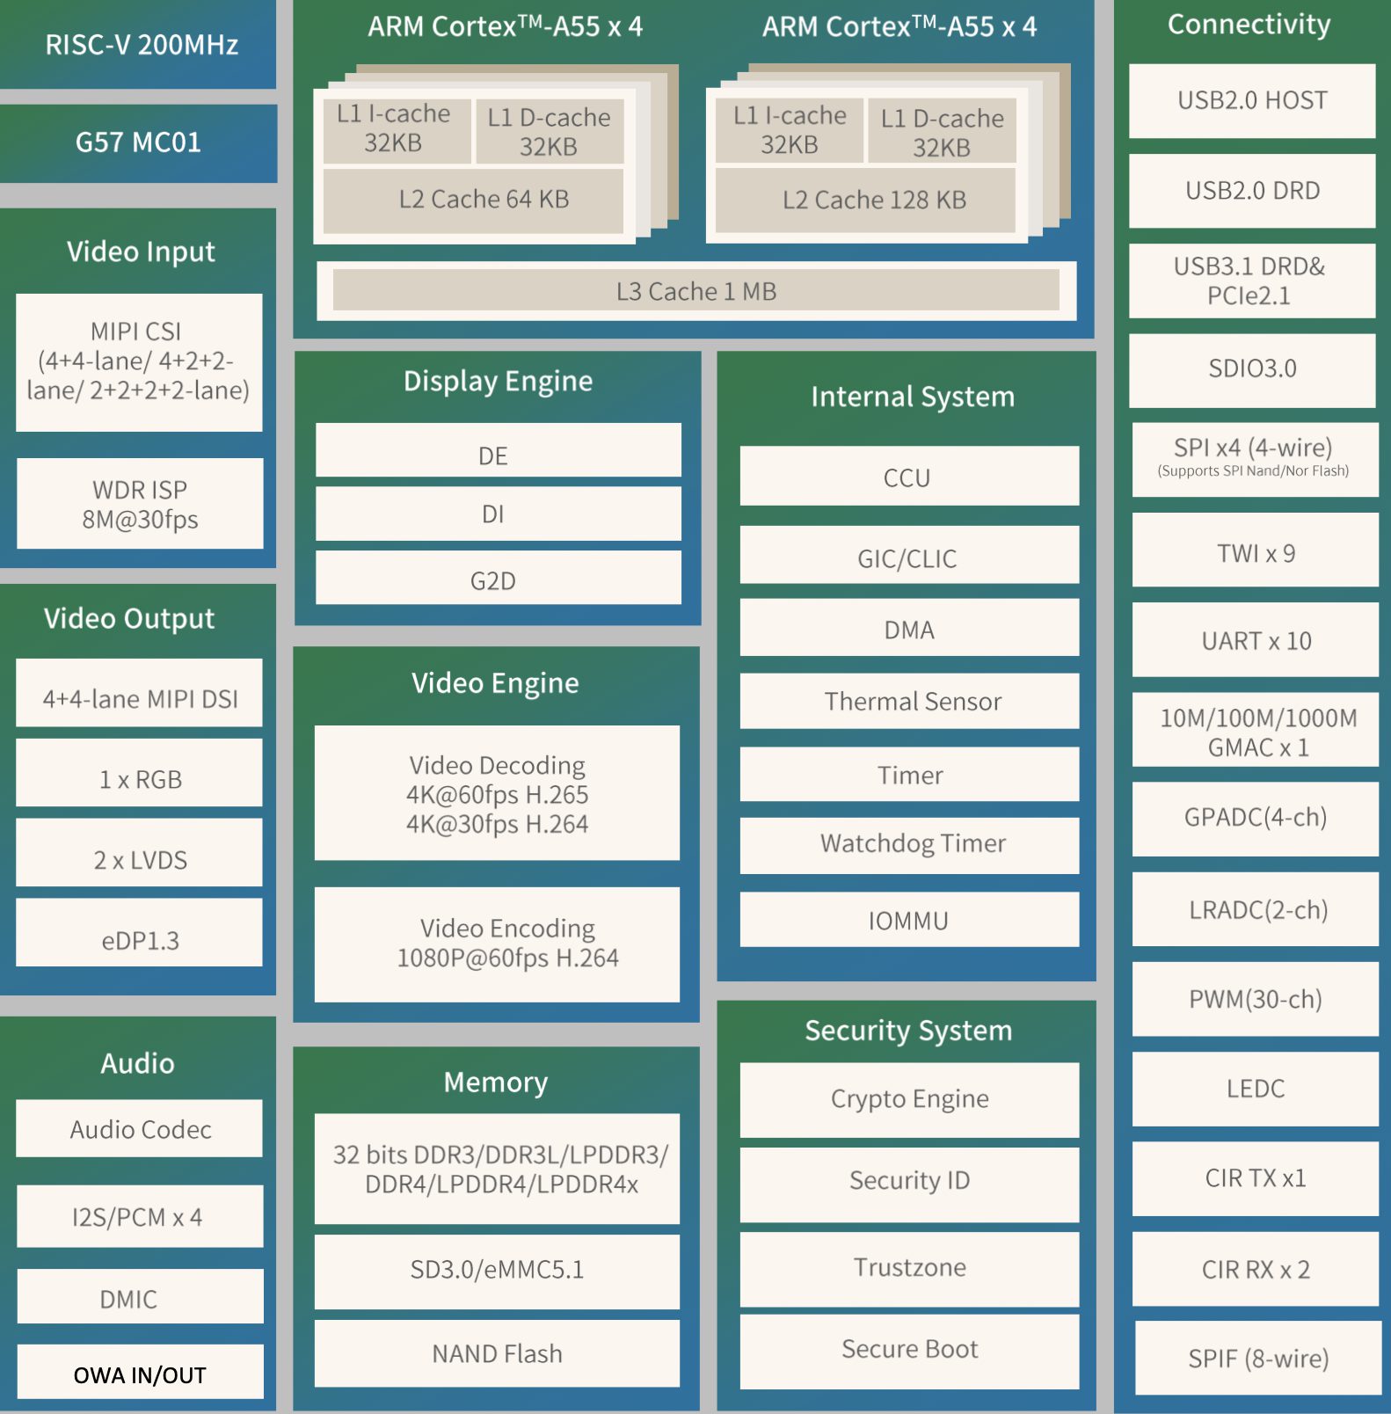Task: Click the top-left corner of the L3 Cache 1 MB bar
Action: (x=333, y=269)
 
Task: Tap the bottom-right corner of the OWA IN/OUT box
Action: (x=263, y=1398)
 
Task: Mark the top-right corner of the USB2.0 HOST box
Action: (x=1375, y=64)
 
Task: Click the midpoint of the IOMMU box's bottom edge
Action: (x=909, y=947)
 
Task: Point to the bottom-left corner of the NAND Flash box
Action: (x=315, y=1387)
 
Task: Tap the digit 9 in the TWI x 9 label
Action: (x=1289, y=553)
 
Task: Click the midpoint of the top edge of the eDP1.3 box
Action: (x=139, y=899)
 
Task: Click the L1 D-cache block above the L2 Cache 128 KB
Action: (x=942, y=131)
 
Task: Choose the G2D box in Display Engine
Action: (x=499, y=578)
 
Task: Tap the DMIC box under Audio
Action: (x=140, y=1296)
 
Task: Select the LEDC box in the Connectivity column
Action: (x=1256, y=1089)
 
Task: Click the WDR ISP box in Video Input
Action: (x=140, y=504)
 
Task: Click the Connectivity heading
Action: (x=1249, y=25)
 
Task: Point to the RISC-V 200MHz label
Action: (x=142, y=44)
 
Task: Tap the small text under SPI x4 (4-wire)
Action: (x=1253, y=471)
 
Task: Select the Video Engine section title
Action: (x=495, y=683)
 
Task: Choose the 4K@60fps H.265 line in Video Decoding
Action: (x=497, y=795)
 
